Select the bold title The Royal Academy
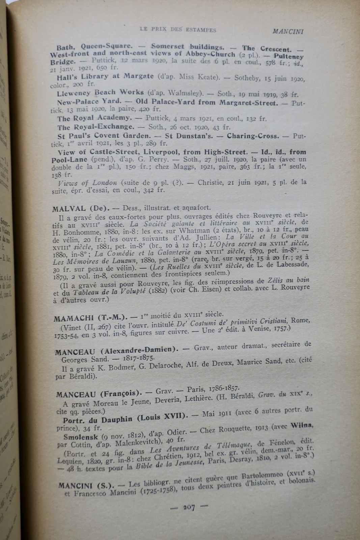click(x=94, y=118)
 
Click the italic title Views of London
click(x=88, y=183)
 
